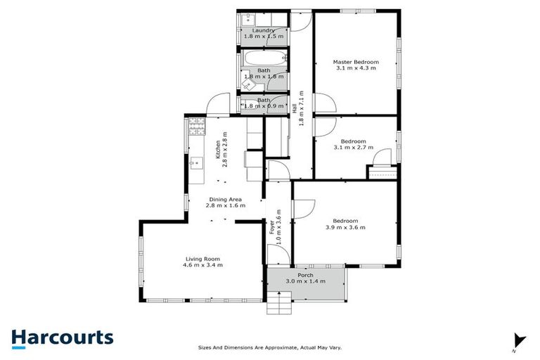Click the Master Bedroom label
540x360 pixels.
point(355,62)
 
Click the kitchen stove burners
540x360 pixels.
point(195,129)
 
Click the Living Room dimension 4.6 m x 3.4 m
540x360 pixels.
point(204,265)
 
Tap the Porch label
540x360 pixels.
point(304,275)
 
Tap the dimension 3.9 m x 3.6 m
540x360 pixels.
point(345,227)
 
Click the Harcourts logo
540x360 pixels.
point(62,337)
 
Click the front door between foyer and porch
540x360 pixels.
point(275,255)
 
